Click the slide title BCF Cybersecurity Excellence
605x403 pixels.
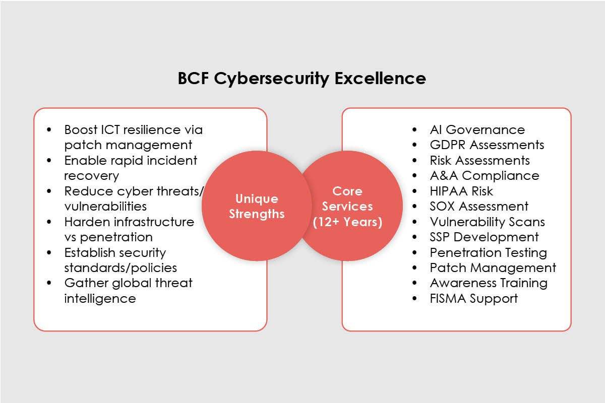(x=301, y=79)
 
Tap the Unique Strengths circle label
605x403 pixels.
(x=257, y=206)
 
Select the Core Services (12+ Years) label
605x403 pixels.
(x=347, y=207)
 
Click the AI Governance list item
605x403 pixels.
(x=477, y=130)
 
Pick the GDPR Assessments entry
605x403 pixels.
(x=487, y=145)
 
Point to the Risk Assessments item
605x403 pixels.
(x=479, y=161)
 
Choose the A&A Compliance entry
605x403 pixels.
(x=484, y=176)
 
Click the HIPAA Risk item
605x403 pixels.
(x=461, y=191)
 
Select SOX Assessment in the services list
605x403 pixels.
(x=479, y=207)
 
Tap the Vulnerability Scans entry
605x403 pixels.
(x=487, y=222)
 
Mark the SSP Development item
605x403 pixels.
(x=484, y=237)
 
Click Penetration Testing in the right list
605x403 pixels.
(x=488, y=252)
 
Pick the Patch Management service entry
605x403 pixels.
(x=493, y=267)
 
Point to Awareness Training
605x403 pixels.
(x=489, y=283)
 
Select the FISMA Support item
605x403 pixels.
(x=473, y=298)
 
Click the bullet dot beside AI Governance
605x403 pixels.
(x=414, y=130)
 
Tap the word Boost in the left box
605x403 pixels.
(x=80, y=130)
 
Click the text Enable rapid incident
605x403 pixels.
(x=131, y=161)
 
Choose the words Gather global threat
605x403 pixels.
(x=128, y=283)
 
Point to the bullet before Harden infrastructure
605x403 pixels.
(x=49, y=222)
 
